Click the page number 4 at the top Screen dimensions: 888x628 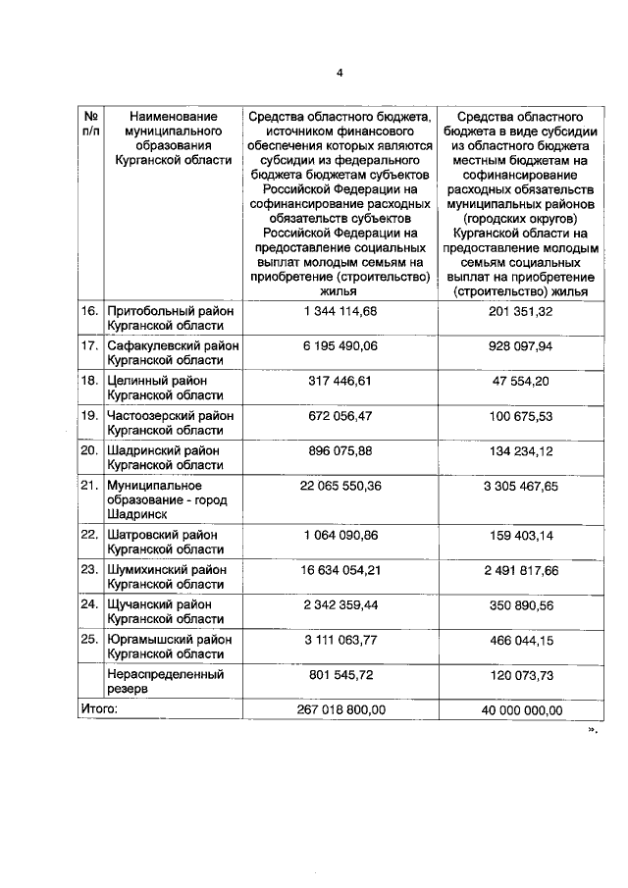pyautogui.click(x=340, y=73)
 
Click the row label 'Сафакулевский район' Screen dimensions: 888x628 pyautogui.click(x=172, y=353)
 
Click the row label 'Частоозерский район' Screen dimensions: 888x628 pyautogui.click(x=172, y=422)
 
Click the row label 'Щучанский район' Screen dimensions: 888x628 pyautogui.click(x=172, y=611)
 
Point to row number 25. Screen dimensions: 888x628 pyautogui.click(x=89, y=639)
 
